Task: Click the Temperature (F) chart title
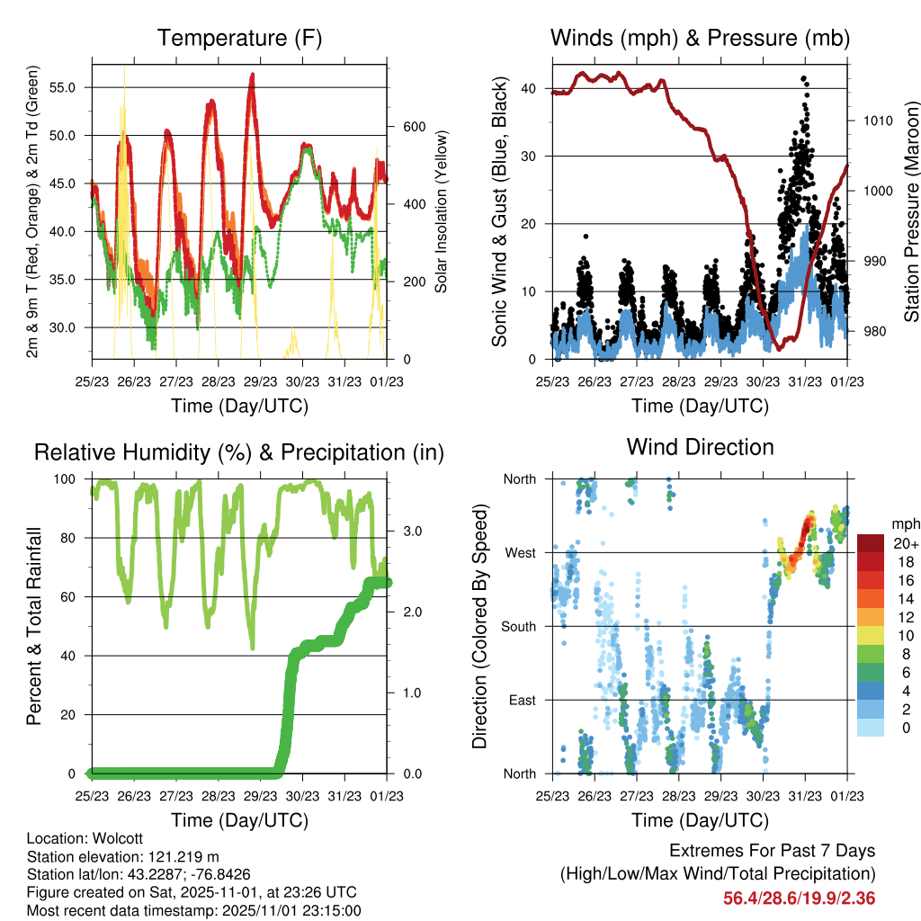pos(238,39)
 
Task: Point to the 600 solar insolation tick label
pos(413,127)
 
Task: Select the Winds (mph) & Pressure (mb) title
pos(700,39)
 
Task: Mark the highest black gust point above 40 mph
pos(803,78)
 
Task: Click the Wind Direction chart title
pos(700,446)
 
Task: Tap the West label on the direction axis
pos(520,552)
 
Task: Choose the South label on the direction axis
pos(518,626)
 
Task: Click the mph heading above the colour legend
pos(903,523)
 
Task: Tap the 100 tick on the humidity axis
pos(68,478)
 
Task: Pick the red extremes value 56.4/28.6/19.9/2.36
pos(799,899)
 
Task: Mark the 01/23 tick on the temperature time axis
pos(387,380)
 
